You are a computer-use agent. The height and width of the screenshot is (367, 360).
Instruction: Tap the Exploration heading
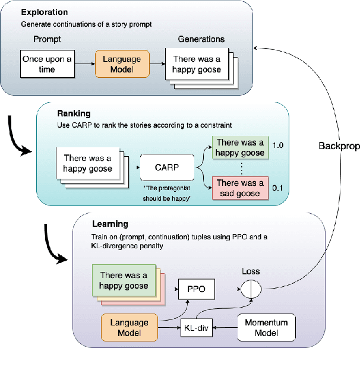[x=44, y=12]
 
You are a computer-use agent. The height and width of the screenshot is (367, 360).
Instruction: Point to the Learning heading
[x=110, y=224]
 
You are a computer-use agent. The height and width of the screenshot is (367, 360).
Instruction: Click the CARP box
[x=168, y=167]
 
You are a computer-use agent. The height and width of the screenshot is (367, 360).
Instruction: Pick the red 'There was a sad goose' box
[x=240, y=188]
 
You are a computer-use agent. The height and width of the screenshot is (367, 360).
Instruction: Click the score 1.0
[x=279, y=145]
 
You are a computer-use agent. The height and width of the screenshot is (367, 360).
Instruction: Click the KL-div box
[x=197, y=327]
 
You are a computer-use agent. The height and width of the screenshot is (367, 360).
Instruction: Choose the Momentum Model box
[x=266, y=327]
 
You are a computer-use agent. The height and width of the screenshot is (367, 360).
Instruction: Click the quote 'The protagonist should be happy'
[x=168, y=194]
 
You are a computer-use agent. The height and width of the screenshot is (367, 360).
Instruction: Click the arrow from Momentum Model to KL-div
[x=225, y=327]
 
